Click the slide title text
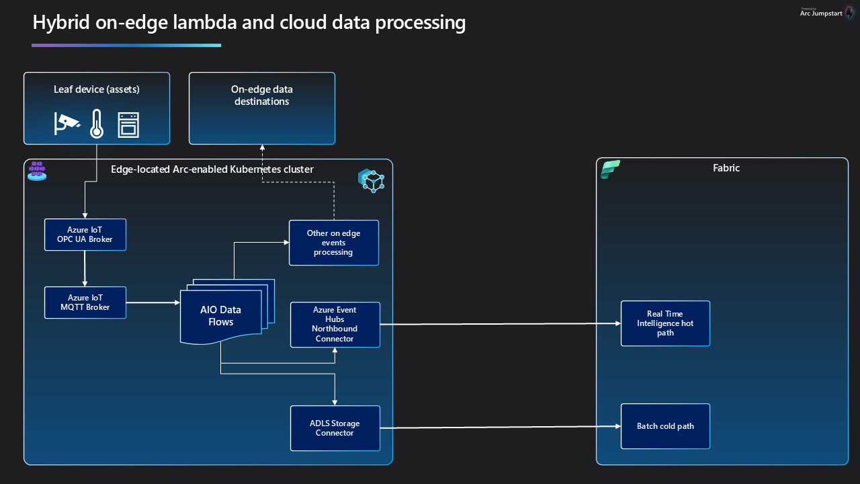click(249, 22)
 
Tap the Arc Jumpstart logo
click(826, 13)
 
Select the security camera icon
click(67, 123)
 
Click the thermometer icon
click(97, 123)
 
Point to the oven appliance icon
click(128, 124)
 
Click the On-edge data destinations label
click(261, 95)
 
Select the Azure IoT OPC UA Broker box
click(85, 235)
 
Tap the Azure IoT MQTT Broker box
click(85, 302)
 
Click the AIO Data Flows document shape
click(221, 315)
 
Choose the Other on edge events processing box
click(333, 243)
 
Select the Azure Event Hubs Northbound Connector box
click(335, 325)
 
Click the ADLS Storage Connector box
click(335, 428)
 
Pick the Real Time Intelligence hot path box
click(665, 323)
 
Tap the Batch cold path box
click(665, 426)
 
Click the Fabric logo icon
click(610, 169)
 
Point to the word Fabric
click(726, 168)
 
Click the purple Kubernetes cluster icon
click(37, 170)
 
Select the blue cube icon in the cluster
click(371, 181)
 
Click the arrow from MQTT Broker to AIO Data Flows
click(153, 302)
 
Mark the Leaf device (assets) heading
click(97, 89)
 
